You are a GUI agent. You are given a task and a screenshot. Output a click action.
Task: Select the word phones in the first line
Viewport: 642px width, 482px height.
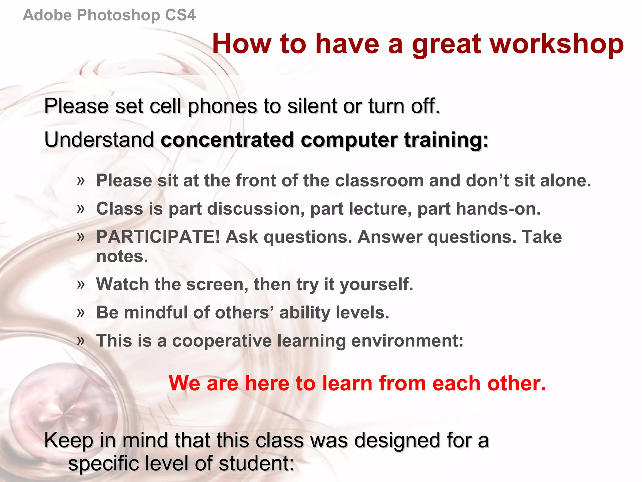(x=222, y=106)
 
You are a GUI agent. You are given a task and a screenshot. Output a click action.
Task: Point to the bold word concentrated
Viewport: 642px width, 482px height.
(x=227, y=140)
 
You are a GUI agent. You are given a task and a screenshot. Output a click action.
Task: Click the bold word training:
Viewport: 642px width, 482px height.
(x=446, y=140)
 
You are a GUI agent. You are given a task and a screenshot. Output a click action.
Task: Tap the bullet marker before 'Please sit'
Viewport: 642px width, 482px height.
(x=81, y=180)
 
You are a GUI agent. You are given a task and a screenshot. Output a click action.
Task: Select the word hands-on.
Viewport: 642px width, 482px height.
(x=498, y=209)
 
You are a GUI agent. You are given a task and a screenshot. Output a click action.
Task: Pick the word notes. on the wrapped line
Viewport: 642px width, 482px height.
(x=122, y=256)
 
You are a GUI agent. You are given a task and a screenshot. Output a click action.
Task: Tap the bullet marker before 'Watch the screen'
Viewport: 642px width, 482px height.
(x=81, y=284)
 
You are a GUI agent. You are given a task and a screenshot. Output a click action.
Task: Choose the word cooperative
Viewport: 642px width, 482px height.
(x=222, y=341)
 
